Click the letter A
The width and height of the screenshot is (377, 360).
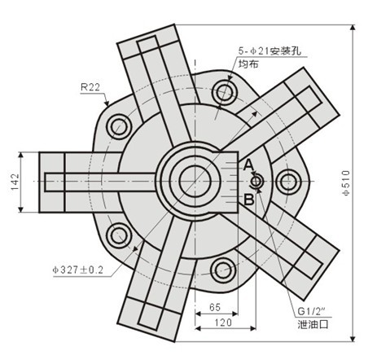coord(248,165)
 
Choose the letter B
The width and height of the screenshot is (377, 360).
coord(248,197)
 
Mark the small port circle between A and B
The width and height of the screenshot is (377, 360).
coord(256,182)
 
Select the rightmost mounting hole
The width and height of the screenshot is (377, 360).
coord(290,179)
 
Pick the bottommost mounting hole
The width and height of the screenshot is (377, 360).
coord(221,269)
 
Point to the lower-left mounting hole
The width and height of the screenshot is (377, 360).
coord(119,235)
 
